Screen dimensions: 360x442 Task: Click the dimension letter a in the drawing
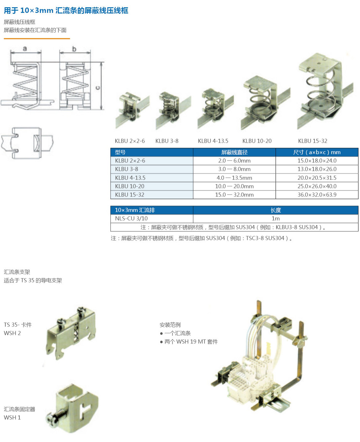[x=25, y=48]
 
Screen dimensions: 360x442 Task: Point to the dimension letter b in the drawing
[x=74, y=49]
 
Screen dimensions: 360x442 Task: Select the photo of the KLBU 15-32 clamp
[x=325, y=91]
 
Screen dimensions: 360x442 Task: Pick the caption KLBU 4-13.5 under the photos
[x=213, y=141]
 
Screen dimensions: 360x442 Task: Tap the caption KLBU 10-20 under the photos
[x=257, y=141]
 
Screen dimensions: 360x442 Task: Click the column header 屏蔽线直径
[x=234, y=152]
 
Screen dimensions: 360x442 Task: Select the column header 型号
[x=120, y=152]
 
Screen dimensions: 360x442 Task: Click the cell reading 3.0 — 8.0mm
[x=234, y=169]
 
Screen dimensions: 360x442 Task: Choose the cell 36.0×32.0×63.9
[x=317, y=195]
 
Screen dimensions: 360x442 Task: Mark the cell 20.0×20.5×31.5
[x=317, y=178]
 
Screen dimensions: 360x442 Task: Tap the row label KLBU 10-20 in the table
[x=130, y=186]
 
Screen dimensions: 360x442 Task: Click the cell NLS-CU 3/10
[x=131, y=218]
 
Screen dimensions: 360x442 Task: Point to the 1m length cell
[x=276, y=218]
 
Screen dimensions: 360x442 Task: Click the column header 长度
[x=276, y=210]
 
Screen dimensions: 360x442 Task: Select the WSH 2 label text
[x=12, y=333]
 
